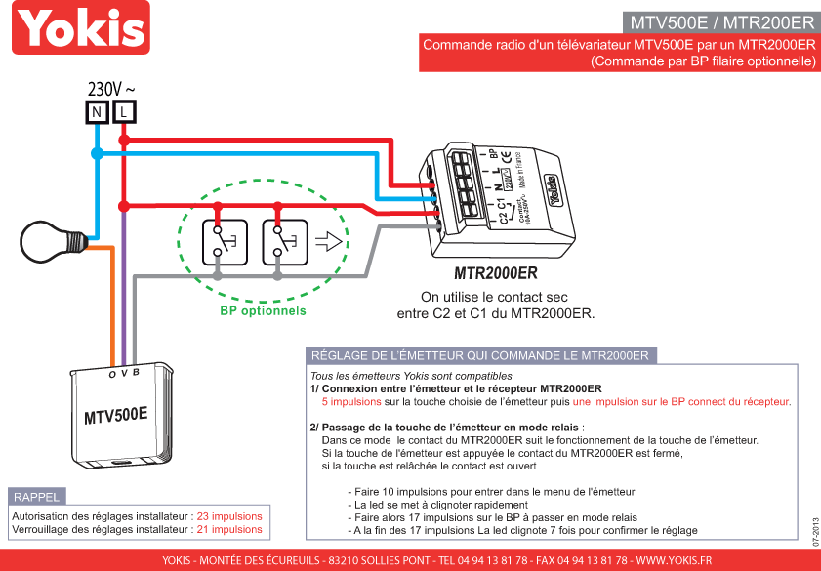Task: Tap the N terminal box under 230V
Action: [x=97, y=112]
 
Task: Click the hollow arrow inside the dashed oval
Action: [x=329, y=242]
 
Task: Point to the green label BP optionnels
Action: [x=263, y=311]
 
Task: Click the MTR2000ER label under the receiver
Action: [x=496, y=274]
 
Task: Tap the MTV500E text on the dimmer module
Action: [x=115, y=415]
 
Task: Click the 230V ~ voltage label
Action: [x=110, y=89]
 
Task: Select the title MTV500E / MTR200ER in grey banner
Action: [x=721, y=22]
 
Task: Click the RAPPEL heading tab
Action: [x=37, y=497]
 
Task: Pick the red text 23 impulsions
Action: [x=229, y=515]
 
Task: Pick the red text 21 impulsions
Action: [x=229, y=529]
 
